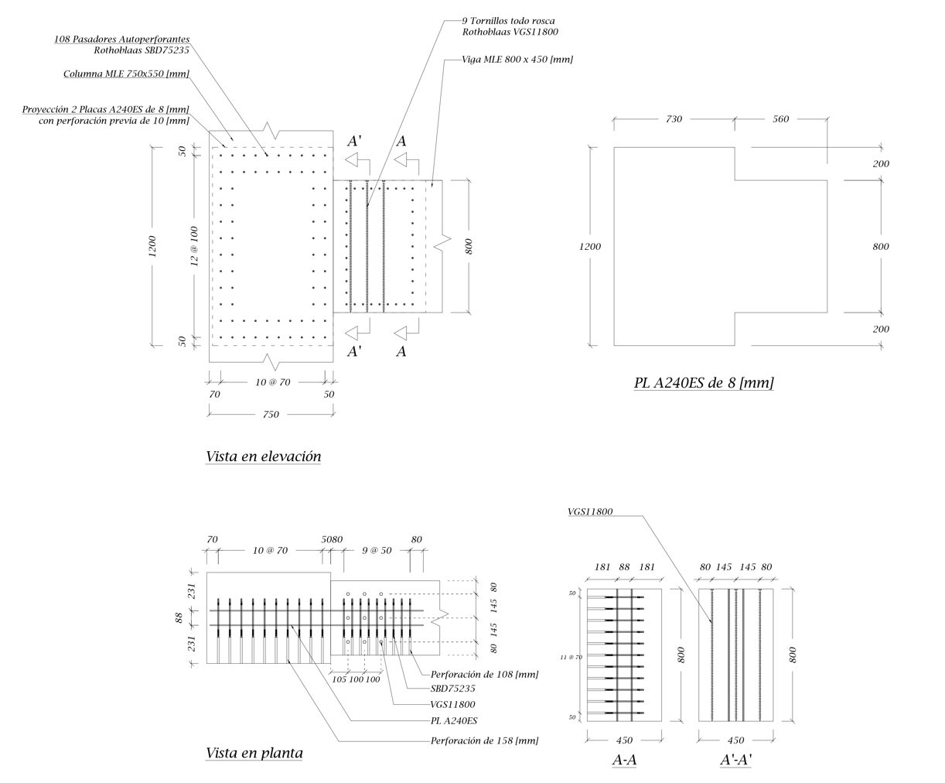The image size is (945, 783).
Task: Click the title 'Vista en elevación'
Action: point(264,456)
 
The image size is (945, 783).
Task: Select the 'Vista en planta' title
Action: point(254,753)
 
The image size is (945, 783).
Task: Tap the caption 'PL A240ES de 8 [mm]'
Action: point(704,383)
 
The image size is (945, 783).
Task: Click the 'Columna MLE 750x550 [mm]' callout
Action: point(126,74)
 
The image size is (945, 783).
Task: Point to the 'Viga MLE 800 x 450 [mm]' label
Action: point(517,60)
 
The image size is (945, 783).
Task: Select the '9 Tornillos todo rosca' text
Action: point(508,21)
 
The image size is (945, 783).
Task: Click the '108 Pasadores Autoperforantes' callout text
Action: point(121,39)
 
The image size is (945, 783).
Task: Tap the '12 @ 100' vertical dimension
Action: point(195,246)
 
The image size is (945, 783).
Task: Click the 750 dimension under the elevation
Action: point(271,415)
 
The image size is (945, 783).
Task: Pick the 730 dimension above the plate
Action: point(674,119)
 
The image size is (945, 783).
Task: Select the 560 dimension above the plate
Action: point(781,119)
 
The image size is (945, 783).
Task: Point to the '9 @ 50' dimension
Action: point(377,551)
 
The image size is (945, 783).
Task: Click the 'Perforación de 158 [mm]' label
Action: point(484,741)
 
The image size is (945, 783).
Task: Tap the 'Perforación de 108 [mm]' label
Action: point(484,675)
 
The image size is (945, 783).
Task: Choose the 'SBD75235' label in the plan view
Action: point(452,689)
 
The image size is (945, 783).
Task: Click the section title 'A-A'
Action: point(624,761)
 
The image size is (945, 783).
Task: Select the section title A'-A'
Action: point(736,761)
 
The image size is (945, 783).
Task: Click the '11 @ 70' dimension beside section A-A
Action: point(571,657)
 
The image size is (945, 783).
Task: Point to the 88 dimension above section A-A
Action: point(624,567)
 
